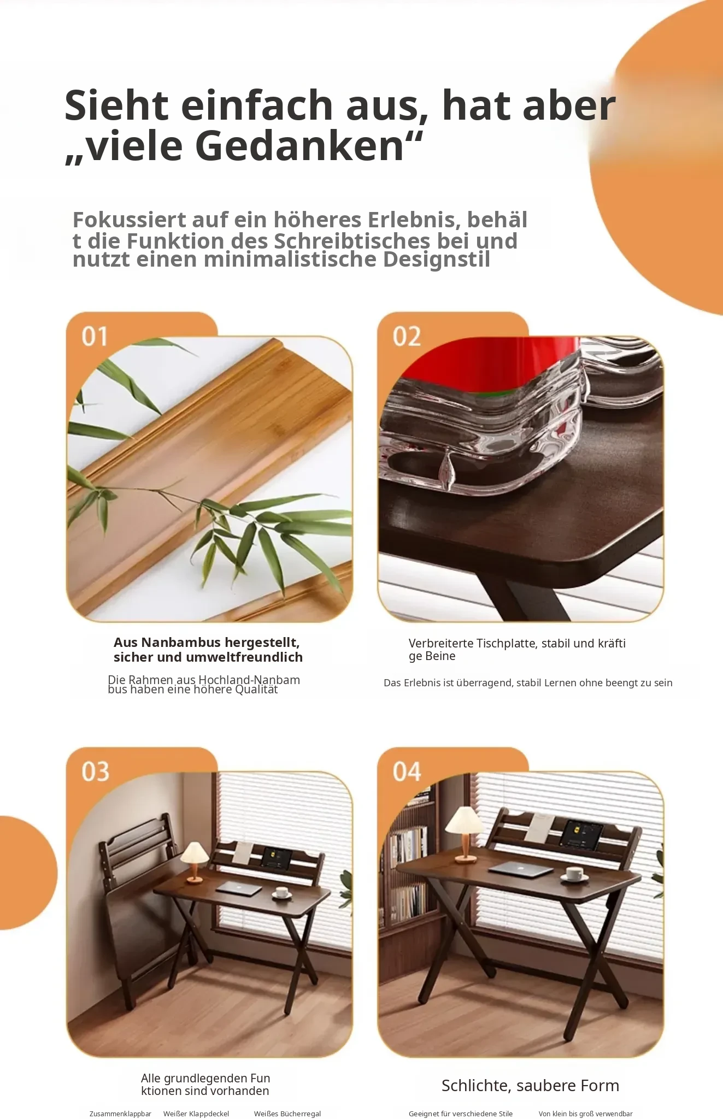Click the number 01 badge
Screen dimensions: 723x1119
[x=95, y=337]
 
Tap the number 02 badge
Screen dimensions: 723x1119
[x=407, y=337]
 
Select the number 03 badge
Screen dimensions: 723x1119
[x=95, y=771]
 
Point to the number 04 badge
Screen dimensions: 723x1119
[x=407, y=771]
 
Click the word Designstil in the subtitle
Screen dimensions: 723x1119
[x=436, y=259]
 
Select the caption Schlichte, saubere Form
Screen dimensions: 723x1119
[x=530, y=1086]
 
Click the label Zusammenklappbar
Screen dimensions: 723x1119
[x=120, y=1114]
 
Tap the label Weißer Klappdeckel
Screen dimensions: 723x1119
[x=196, y=1114]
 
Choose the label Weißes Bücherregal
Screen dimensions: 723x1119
[x=287, y=1114]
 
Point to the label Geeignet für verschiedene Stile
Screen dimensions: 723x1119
[x=461, y=1114]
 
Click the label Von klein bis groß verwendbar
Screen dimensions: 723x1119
[x=585, y=1114]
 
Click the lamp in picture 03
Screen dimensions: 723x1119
[x=195, y=862]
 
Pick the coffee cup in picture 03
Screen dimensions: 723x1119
[x=281, y=892]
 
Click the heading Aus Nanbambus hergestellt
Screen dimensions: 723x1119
[x=207, y=643]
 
